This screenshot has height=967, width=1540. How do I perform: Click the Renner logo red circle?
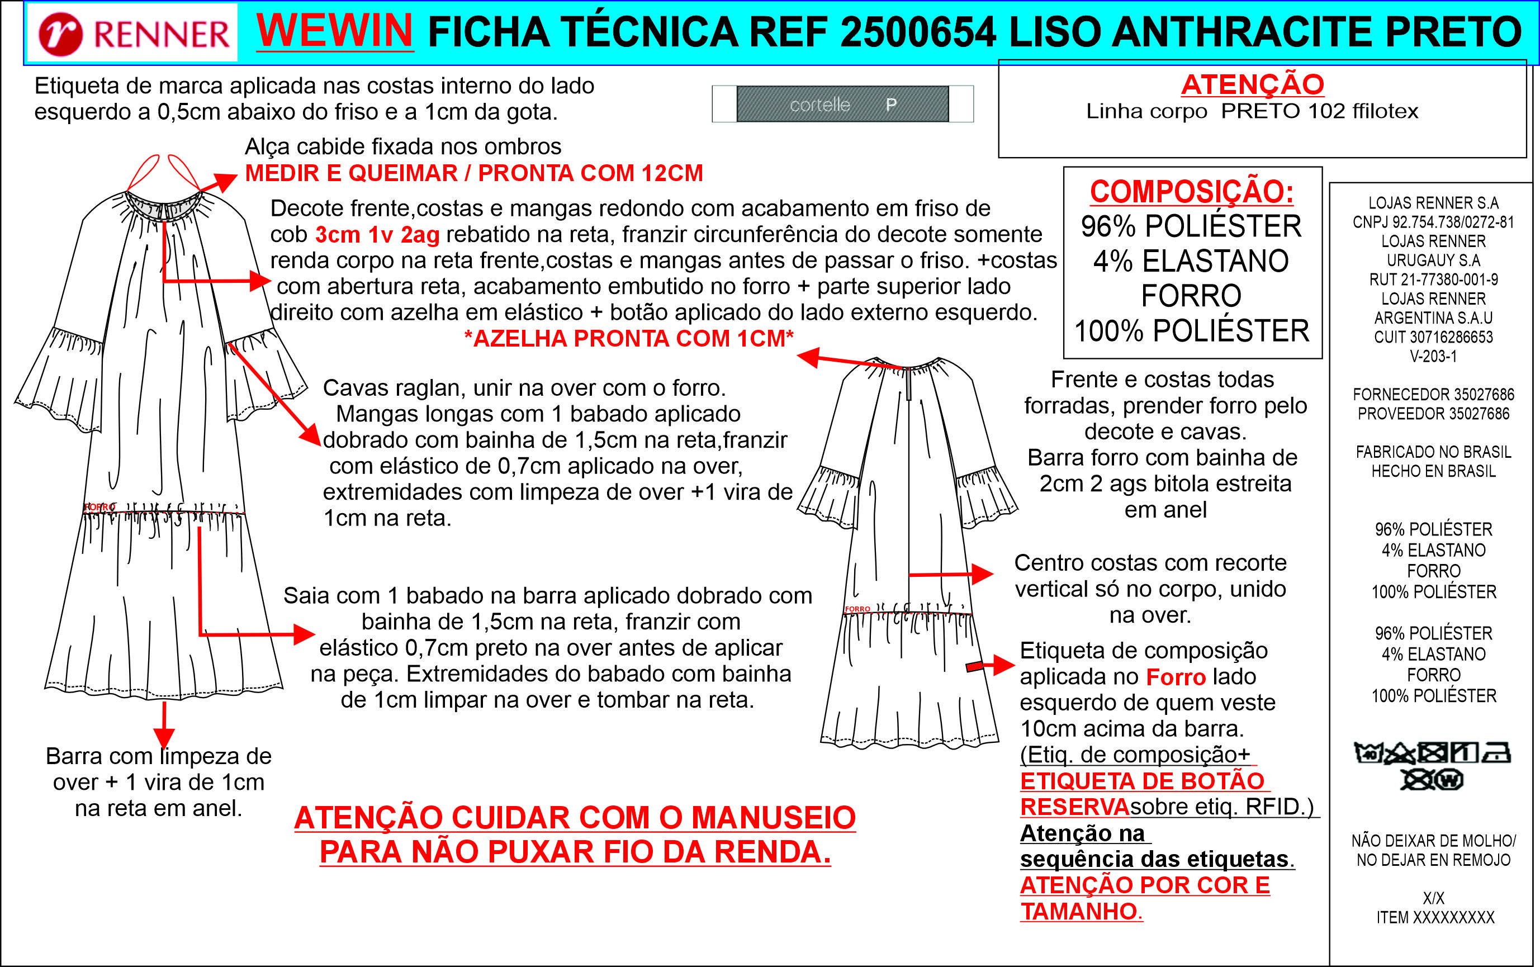coord(60,35)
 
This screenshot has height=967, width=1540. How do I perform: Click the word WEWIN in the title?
coord(334,30)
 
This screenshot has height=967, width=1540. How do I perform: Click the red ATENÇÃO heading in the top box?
coord(1252,84)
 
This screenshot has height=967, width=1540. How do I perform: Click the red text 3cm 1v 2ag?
coord(377,235)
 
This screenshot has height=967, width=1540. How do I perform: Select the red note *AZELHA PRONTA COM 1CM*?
coord(629,338)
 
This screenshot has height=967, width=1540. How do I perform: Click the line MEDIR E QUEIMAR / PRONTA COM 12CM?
coord(474,173)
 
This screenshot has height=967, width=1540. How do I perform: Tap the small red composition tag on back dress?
coord(975,666)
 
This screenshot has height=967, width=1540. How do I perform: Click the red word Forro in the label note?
coord(1176,677)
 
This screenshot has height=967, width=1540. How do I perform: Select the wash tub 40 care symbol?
coord(1368,753)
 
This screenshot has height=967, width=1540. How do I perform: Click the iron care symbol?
coord(1496,753)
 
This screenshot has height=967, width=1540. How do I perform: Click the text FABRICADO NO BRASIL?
coord(1433,452)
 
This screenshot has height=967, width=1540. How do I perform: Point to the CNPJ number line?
coord(1433,222)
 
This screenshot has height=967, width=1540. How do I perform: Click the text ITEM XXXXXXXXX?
coord(1435,918)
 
